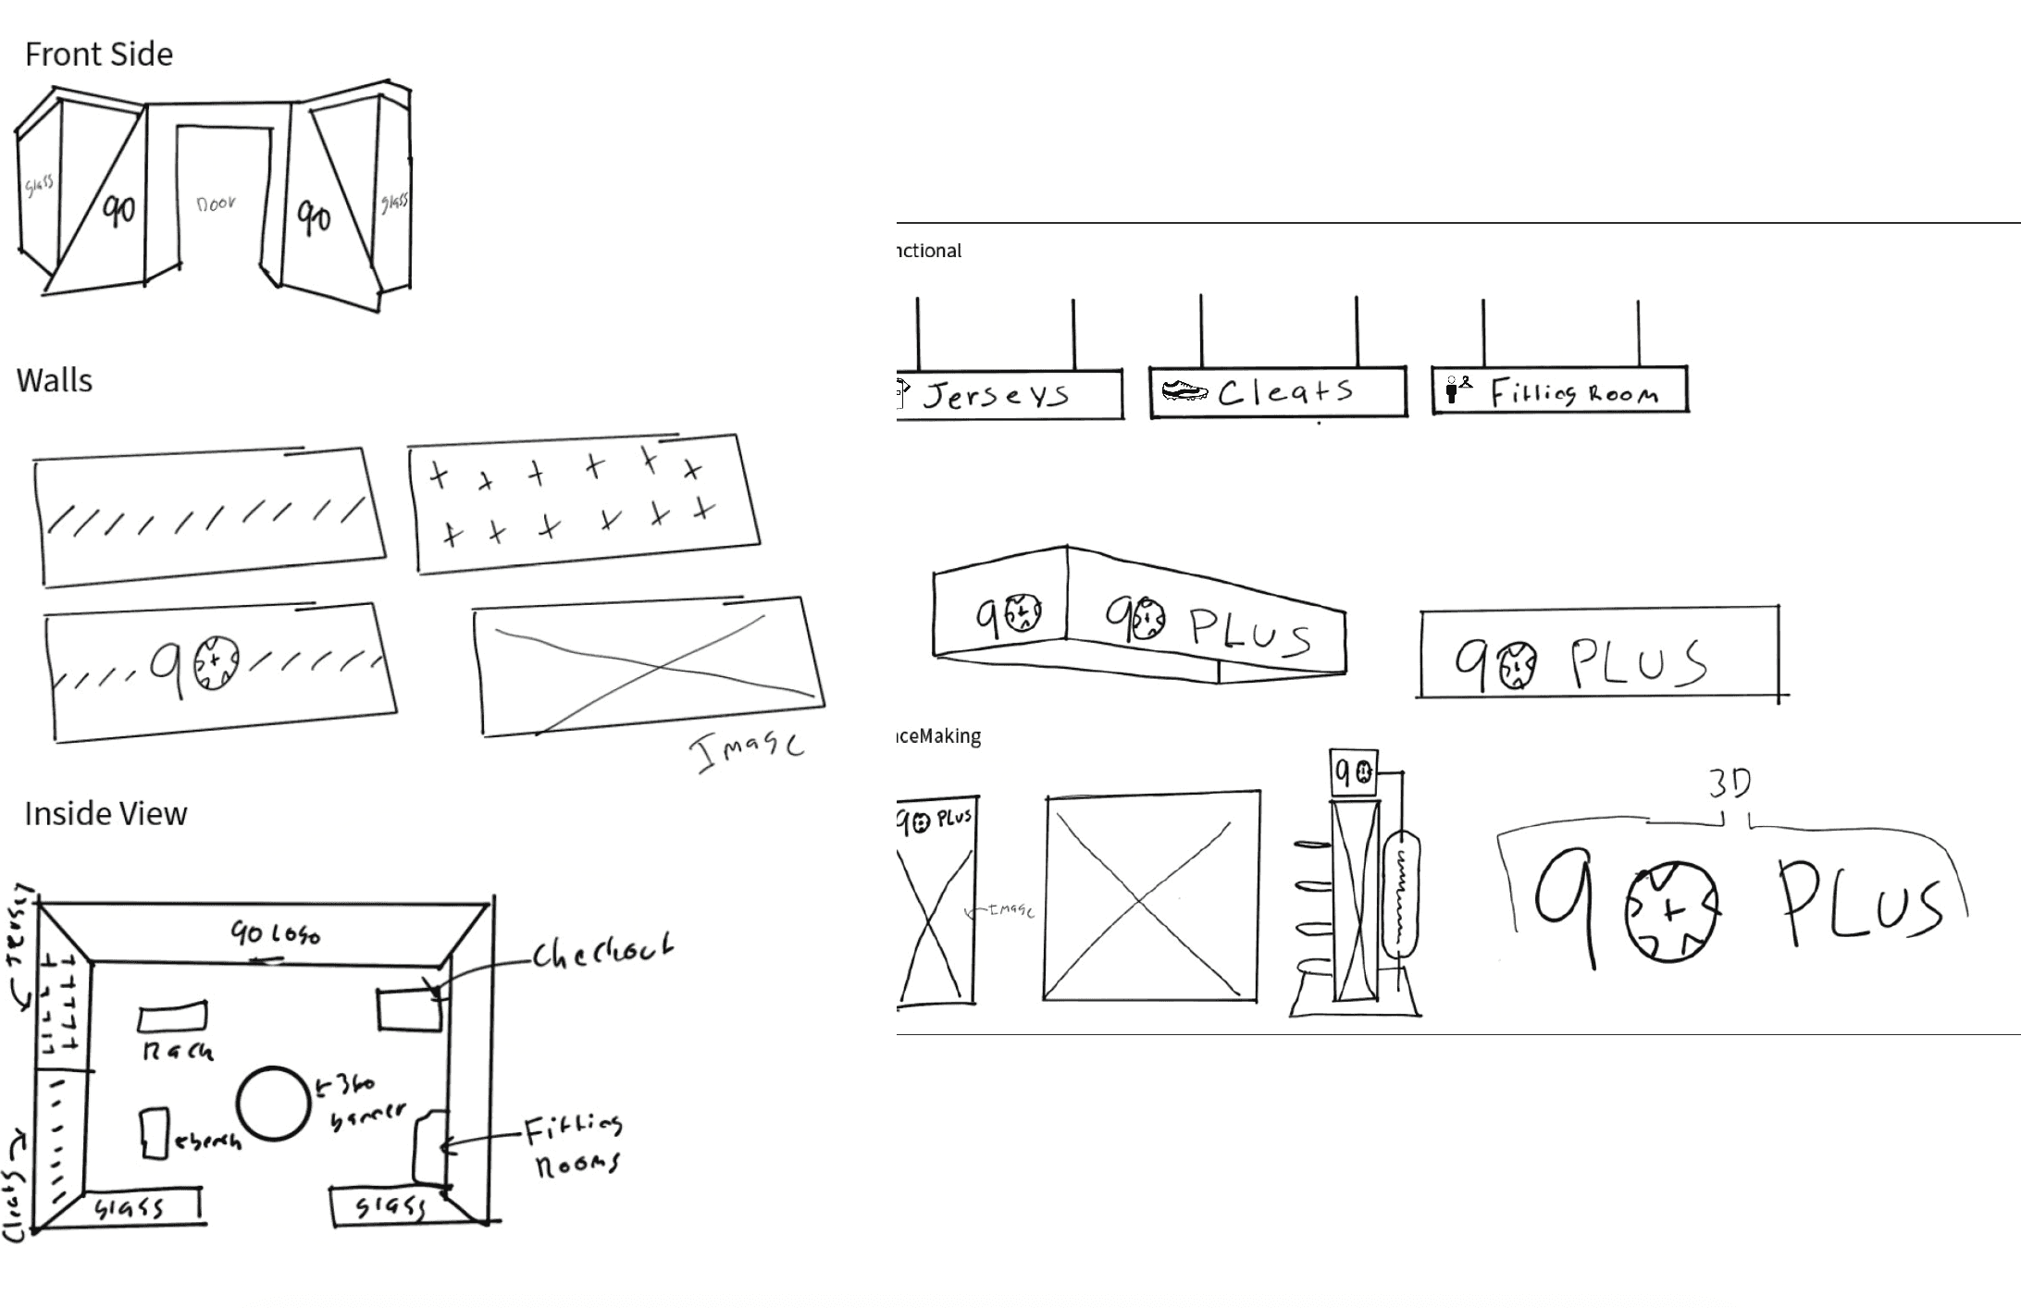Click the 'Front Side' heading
click(99, 55)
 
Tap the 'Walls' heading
click(55, 381)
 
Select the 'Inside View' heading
click(105, 814)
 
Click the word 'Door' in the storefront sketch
click(217, 204)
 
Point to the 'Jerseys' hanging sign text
click(996, 396)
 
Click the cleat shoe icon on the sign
click(1185, 391)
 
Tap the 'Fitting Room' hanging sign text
click(1574, 393)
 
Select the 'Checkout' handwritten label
click(602, 953)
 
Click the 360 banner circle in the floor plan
click(273, 1104)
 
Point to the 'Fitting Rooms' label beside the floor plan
click(575, 1145)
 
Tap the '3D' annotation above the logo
click(1729, 784)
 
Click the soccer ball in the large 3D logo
click(1671, 911)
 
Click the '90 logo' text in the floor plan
click(275, 933)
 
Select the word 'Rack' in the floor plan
click(178, 1051)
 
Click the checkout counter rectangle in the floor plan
click(409, 1009)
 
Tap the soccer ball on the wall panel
click(214, 662)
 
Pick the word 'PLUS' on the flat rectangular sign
click(1638, 663)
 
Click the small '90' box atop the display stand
click(1354, 771)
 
